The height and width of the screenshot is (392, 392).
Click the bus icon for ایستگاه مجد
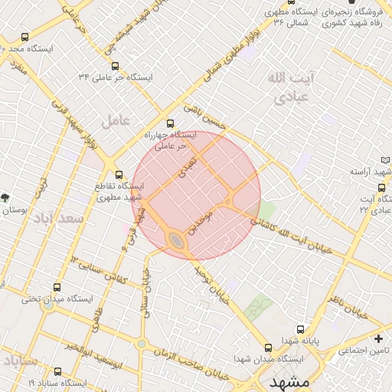(x=25, y=37)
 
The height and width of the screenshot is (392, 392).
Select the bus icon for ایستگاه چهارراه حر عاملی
(x=170, y=123)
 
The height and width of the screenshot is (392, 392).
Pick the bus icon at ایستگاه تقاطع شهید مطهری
(x=118, y=174)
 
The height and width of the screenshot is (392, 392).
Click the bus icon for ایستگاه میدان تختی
(x=56, y=288)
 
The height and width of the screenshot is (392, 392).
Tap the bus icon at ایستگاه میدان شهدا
(x=267, y=347)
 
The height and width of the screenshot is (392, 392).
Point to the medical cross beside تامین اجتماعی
(x=378, y=338)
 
